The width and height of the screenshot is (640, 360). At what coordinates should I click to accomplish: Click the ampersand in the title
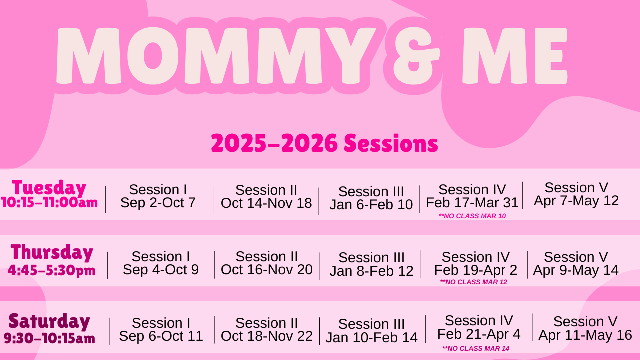pyautogui.click(x=416, y=56)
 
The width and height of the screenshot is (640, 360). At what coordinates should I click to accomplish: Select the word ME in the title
pyautogui.click(x=515, y=56)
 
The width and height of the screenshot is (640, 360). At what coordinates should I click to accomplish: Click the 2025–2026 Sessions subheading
pyautogui.click(x=324, y=143)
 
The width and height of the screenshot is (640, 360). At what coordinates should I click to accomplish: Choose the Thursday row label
pyautogui.click(x=52, y=252)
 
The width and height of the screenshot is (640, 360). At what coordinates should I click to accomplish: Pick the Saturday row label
pyautogui.click(x=49, y=321)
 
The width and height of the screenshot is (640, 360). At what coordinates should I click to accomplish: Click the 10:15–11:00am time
pyautogui.click(x=49, y=202)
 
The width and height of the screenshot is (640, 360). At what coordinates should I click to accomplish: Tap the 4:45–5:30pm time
pyautogui.click(x=51, y=270)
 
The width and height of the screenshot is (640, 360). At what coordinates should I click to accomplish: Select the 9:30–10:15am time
pyautogui.click(x=49, y=338)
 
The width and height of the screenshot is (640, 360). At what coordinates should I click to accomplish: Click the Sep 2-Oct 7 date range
pyautogui.click(x=158, y=203)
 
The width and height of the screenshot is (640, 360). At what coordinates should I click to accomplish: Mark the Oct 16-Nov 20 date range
pyautogui.click(x=267, y=269)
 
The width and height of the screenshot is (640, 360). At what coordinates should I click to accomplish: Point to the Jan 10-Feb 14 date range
pyautogui.click(x=371, y=337)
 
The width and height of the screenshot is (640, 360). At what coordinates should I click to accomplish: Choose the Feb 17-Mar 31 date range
pyautogui.click(x=472, y=203)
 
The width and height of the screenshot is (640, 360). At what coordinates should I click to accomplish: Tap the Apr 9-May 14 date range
pyautogui.click(x=576, y=270)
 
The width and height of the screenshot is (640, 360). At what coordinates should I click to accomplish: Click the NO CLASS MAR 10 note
pyautogui.click(x=472, y=216)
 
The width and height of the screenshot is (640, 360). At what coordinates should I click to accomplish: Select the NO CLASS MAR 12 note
pyautogui.click(x=473, y=282)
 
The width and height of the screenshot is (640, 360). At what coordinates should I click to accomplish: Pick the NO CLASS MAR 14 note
pyautogui.click(x=476, y=348)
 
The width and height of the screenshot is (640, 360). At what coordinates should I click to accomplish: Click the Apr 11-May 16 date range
pyautogui.click(x=585, y=335)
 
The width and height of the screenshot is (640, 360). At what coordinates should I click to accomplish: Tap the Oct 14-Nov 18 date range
pyautogui.click(x=266, y=203)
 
